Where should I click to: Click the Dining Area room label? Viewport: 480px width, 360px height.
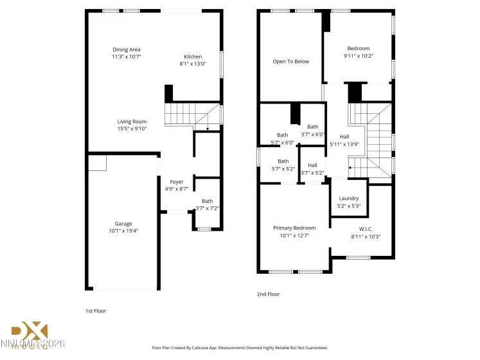click(127, 50)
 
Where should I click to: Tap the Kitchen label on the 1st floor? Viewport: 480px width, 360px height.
click(193, 57)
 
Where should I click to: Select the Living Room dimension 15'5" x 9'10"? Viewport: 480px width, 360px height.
click(132, 129)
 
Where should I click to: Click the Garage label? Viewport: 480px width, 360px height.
click(123, 224)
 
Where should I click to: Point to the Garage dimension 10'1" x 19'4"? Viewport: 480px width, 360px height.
click(123, 231)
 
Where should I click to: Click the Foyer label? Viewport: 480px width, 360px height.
click(177, 182)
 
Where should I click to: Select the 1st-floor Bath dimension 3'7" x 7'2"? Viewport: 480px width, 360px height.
click(208, 208)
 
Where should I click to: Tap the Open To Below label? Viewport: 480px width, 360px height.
click(290, 62)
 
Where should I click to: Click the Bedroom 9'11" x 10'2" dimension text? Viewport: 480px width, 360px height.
click(359, 56)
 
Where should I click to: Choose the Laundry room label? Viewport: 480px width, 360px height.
click(349, 199)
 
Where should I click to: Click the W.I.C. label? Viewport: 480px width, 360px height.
click(366, 229)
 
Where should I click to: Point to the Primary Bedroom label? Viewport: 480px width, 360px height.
click(294, 228)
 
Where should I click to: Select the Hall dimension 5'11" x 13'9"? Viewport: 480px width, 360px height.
click(344, 144)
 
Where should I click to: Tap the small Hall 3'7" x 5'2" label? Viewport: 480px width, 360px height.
click(312, 165)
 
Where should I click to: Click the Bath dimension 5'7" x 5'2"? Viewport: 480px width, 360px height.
click(283, 168)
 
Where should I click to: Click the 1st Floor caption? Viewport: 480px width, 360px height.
click(96, 310)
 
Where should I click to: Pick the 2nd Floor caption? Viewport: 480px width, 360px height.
click(268, 294)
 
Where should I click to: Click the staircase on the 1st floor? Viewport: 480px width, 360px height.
click(191, 116)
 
